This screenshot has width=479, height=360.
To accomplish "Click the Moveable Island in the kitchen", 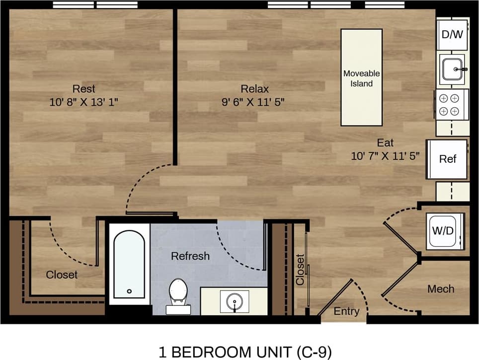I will coord(361,77).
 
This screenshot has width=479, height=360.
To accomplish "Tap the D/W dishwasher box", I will coord(452,34).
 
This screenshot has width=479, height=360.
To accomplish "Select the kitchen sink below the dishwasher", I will coord(452,70).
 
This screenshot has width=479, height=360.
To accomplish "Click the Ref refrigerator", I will coord(447,159).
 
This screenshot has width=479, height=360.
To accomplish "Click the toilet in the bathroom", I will coord(177,293).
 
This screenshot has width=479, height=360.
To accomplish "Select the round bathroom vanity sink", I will coord(235,301).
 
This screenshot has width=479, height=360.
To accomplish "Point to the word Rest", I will coord(84,89).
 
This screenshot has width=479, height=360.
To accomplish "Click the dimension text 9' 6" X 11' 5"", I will coord(254,103).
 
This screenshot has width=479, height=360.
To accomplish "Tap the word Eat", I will coord(385,144).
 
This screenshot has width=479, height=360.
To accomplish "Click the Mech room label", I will coord(441,289).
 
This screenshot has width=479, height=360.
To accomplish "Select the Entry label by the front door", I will coord(346,311).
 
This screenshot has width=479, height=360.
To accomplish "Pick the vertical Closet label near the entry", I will coord(300,270).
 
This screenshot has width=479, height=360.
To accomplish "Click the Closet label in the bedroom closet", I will coord(62,274).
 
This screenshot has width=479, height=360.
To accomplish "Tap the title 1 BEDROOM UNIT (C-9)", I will coord(245,352).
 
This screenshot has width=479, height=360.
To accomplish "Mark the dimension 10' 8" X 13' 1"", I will coord(84,103).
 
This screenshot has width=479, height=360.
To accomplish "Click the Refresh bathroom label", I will coord(190,256).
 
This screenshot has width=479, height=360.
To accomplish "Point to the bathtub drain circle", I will coord(129,291).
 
